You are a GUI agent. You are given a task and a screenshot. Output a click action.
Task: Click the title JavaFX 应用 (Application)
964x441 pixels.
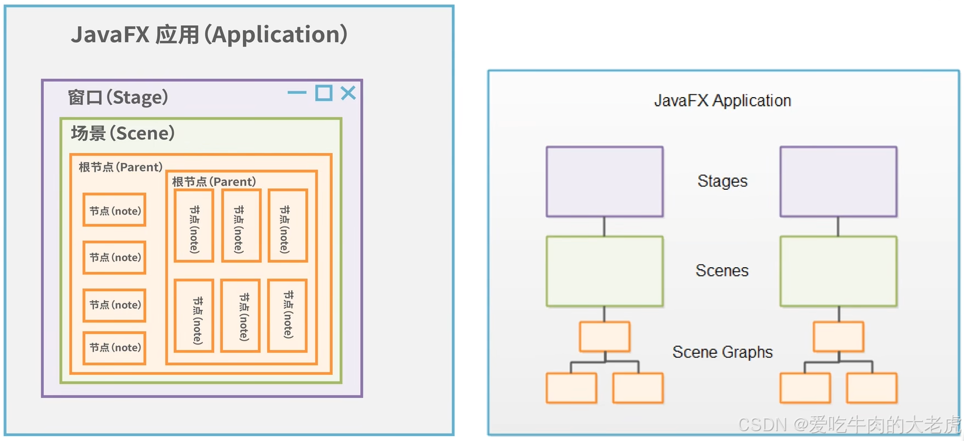(x=209, y=35)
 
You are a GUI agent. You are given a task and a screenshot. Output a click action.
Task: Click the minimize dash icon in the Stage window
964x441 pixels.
(x=297, y=93)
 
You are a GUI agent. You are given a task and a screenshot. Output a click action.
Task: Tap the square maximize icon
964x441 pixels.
(x=324, y=93)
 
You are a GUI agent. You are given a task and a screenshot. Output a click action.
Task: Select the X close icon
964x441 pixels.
(x=348, y=93)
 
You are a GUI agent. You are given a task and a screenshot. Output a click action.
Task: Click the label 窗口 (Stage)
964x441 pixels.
(x=118, y=98)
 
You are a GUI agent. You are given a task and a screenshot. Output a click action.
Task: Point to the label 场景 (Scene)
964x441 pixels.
(x=123, y=133)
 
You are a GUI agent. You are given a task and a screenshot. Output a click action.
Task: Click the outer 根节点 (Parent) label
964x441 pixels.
(x=120, y=167)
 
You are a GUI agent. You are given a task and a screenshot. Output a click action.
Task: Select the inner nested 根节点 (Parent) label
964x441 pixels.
(x=214, y=182)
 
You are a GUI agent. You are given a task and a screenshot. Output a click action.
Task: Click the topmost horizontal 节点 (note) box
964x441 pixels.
(x=114, y=210)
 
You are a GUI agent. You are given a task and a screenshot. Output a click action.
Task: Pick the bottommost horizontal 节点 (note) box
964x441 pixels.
(x=114, y=348)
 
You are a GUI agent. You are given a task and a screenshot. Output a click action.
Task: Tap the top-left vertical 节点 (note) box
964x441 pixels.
(x=194, y=226)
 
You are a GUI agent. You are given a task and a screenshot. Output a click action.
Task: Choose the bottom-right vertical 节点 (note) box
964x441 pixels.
(x=287, y=315)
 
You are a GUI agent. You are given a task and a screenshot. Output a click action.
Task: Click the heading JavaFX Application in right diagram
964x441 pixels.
(x=722, y=100)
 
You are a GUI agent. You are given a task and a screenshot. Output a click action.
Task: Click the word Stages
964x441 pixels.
(x=722, y=181)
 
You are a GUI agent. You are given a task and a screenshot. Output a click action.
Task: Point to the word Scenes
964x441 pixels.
(x=722, y=270)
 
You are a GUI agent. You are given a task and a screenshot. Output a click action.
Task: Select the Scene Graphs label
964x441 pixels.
(x=722, y=352)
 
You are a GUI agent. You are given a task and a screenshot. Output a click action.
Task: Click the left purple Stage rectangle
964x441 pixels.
(x=604, y=182)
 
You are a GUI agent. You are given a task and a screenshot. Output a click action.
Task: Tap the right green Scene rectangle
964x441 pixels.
(x=838, y=272)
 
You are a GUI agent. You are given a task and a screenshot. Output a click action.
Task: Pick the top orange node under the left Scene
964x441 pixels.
(x=604, y=337)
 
